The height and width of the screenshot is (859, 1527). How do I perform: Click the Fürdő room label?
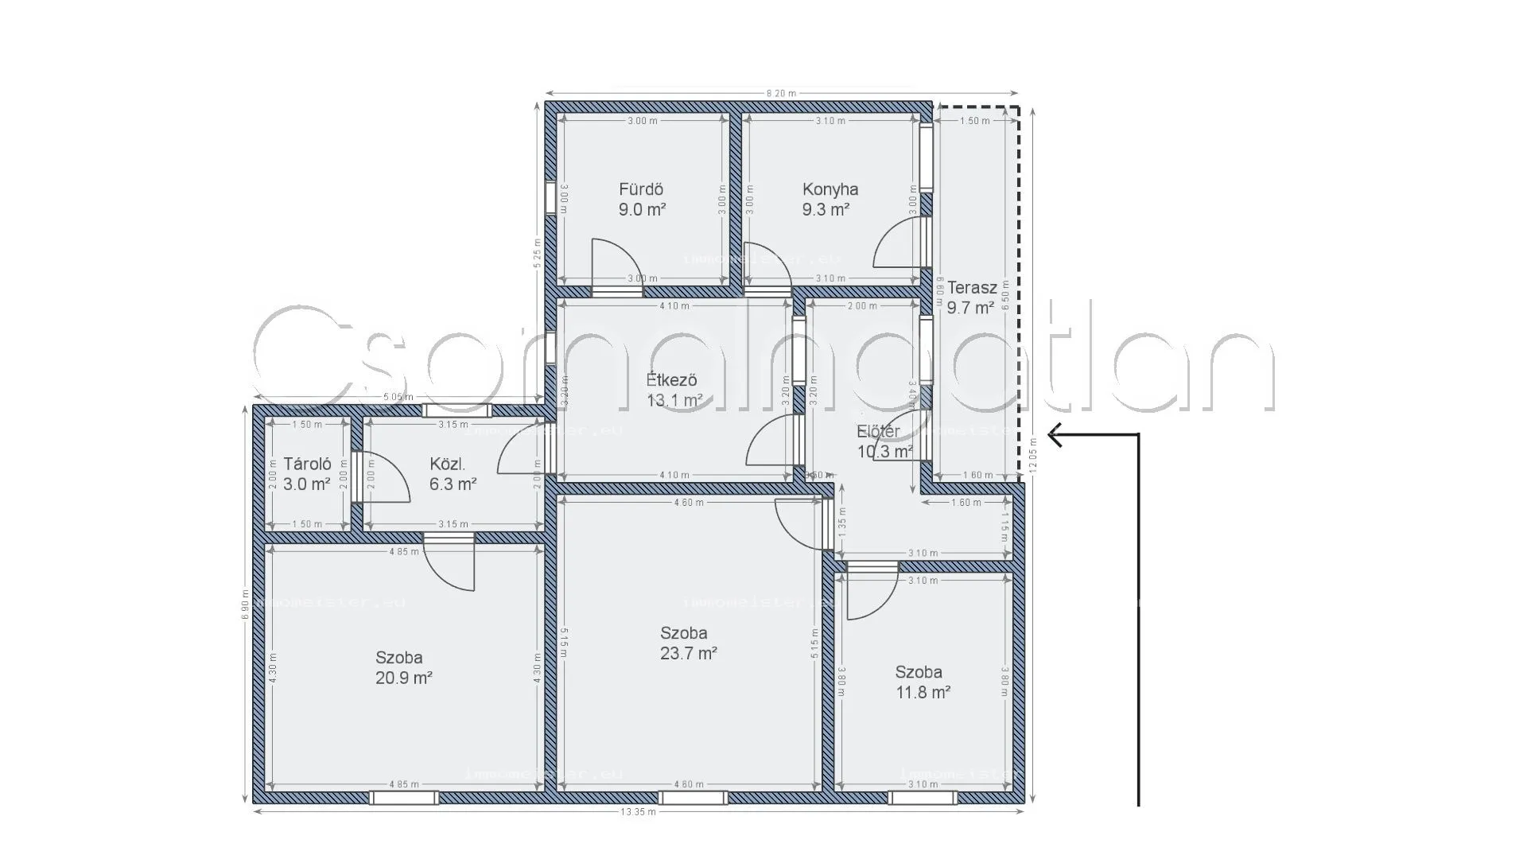(x=641, y=189)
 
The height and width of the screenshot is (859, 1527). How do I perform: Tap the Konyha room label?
(x=830, y=189)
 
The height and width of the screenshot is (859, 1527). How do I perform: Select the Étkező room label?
(x=672, y=379)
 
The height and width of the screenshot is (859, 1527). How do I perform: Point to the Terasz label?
(x=971, y=287)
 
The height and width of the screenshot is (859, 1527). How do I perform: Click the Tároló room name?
(x=307, y=464)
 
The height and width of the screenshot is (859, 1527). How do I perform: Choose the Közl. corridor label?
(x=447, y=464)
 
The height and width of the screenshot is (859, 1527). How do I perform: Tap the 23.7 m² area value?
(x=688, y=654)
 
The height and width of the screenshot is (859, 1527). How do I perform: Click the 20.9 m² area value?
(x=403, y=678)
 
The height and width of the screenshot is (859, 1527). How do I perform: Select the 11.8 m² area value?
(x=923, y=692)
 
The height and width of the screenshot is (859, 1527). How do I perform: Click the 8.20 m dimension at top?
(x=781, y=93)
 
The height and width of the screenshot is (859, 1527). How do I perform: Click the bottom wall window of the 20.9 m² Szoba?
(x=403, y=798)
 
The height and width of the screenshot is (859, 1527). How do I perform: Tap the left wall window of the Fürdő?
(x=550, y=198)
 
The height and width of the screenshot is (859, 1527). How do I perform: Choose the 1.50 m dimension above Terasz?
(x=974, y=121)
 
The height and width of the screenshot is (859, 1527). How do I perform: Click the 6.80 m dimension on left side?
(x=247, y=604)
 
